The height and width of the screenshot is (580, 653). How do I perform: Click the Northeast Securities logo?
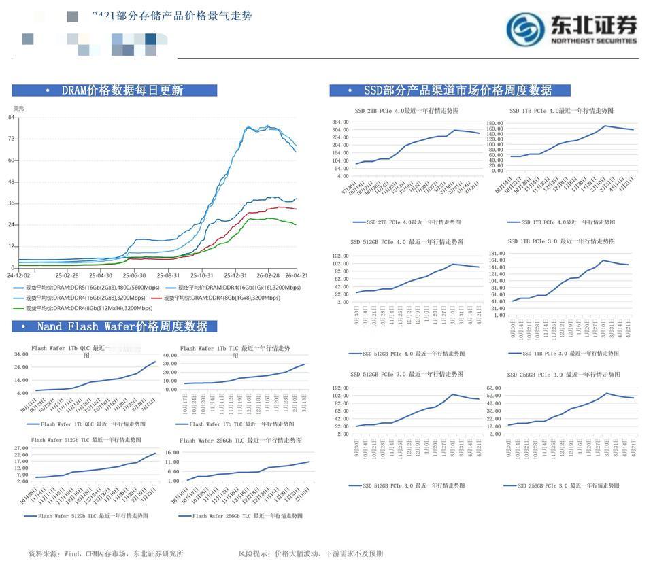pos(571,29)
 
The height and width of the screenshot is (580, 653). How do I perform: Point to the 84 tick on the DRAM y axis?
pos(12,118)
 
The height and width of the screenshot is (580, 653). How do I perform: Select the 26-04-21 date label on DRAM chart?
pos(297,275)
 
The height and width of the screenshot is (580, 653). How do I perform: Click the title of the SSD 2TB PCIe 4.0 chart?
pos(407,110)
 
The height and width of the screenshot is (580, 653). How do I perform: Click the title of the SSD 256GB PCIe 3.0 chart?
pos(563,375)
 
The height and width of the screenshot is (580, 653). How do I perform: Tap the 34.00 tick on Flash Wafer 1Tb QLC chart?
pos(20,354)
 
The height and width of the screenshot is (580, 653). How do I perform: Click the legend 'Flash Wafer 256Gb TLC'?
pos(235,516)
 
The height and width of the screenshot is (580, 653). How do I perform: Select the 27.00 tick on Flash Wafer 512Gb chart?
pos(21,449)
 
